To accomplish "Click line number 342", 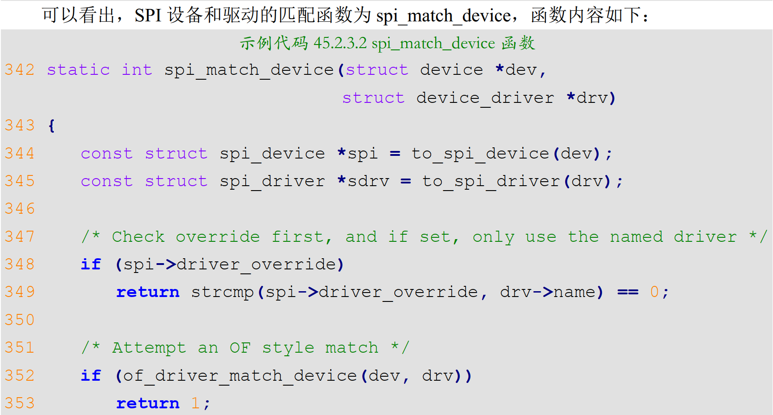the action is (20, 70).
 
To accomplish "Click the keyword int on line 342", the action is (137, 70).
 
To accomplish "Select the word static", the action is (78, 70).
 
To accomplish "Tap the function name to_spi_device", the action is (480, 154).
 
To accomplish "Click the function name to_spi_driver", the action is (491, 181).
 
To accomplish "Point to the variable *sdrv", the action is (363, 181).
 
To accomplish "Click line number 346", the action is (20, 209).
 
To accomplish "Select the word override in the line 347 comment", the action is (218, 237).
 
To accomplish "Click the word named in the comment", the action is (636, 237).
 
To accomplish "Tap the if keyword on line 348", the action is (91, 264).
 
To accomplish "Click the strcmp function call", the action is (223, 292).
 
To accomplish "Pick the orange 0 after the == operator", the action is (654, 292).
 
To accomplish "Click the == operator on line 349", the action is (628, 292).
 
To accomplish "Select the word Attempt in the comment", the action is (149, 348).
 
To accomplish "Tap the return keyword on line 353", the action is (148, 403).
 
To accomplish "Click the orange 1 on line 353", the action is (195, 403).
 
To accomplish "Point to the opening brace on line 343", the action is (52, 126).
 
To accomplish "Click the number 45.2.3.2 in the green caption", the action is (340, 43).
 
